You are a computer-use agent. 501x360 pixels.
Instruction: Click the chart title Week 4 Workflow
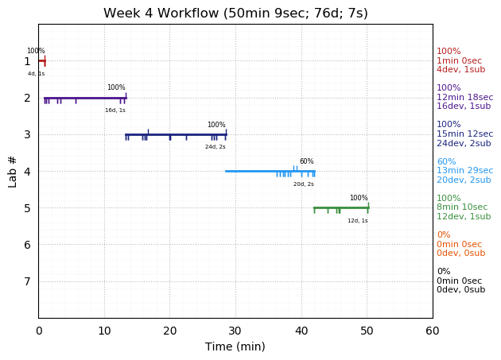pos(235,14)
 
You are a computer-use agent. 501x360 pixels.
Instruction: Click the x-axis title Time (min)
pos(235,346)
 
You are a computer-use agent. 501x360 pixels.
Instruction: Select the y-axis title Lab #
pos(12,171)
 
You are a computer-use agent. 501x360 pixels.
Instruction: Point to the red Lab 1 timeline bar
pos(42,60)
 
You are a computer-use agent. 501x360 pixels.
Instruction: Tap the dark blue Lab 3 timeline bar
pos(175,134)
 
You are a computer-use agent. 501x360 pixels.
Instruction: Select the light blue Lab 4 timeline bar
pos(270,171)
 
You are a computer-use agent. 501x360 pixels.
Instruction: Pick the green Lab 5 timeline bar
pos(341,207)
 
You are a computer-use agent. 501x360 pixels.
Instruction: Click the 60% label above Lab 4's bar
pos(306,161)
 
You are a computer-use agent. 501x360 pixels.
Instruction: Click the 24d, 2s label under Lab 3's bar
pos(216,147)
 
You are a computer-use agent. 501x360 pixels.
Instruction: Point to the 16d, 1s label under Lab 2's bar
pos(115,110)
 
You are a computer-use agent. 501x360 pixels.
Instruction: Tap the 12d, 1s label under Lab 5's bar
pos(358,221)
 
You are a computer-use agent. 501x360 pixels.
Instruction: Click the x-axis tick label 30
pos(235,331)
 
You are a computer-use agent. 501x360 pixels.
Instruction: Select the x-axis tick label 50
pos(367,331)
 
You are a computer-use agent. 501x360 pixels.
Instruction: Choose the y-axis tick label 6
pos(27,245)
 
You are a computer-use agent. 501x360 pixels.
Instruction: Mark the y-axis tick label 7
pos(27,281)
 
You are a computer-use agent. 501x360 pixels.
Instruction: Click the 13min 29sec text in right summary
pos(464,171)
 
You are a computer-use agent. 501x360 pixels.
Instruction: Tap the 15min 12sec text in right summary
pos(464,134)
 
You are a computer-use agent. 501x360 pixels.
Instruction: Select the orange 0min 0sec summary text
pos(459,245)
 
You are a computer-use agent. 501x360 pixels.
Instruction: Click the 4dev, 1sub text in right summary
pos(460,70)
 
